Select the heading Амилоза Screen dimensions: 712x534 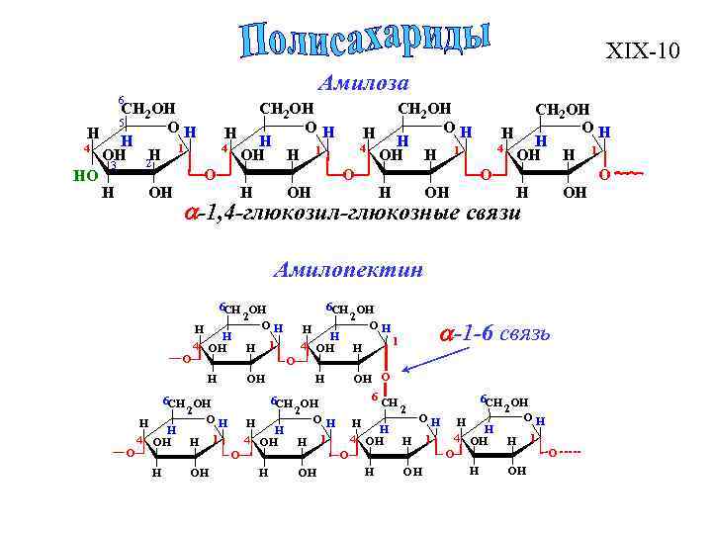tap(364, 82)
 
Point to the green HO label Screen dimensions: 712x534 tap(86, 176)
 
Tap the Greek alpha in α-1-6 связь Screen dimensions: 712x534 tap(447, 333)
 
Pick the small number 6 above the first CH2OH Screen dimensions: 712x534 tap(120, 100)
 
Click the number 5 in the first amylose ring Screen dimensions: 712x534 tap(120, 123)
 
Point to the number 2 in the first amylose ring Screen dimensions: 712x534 tap(149, 163)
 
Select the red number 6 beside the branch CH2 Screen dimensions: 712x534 tap(374, 397)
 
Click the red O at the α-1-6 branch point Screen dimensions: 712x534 tap(387, 378)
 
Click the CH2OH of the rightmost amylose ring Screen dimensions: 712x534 tap(562, 109)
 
